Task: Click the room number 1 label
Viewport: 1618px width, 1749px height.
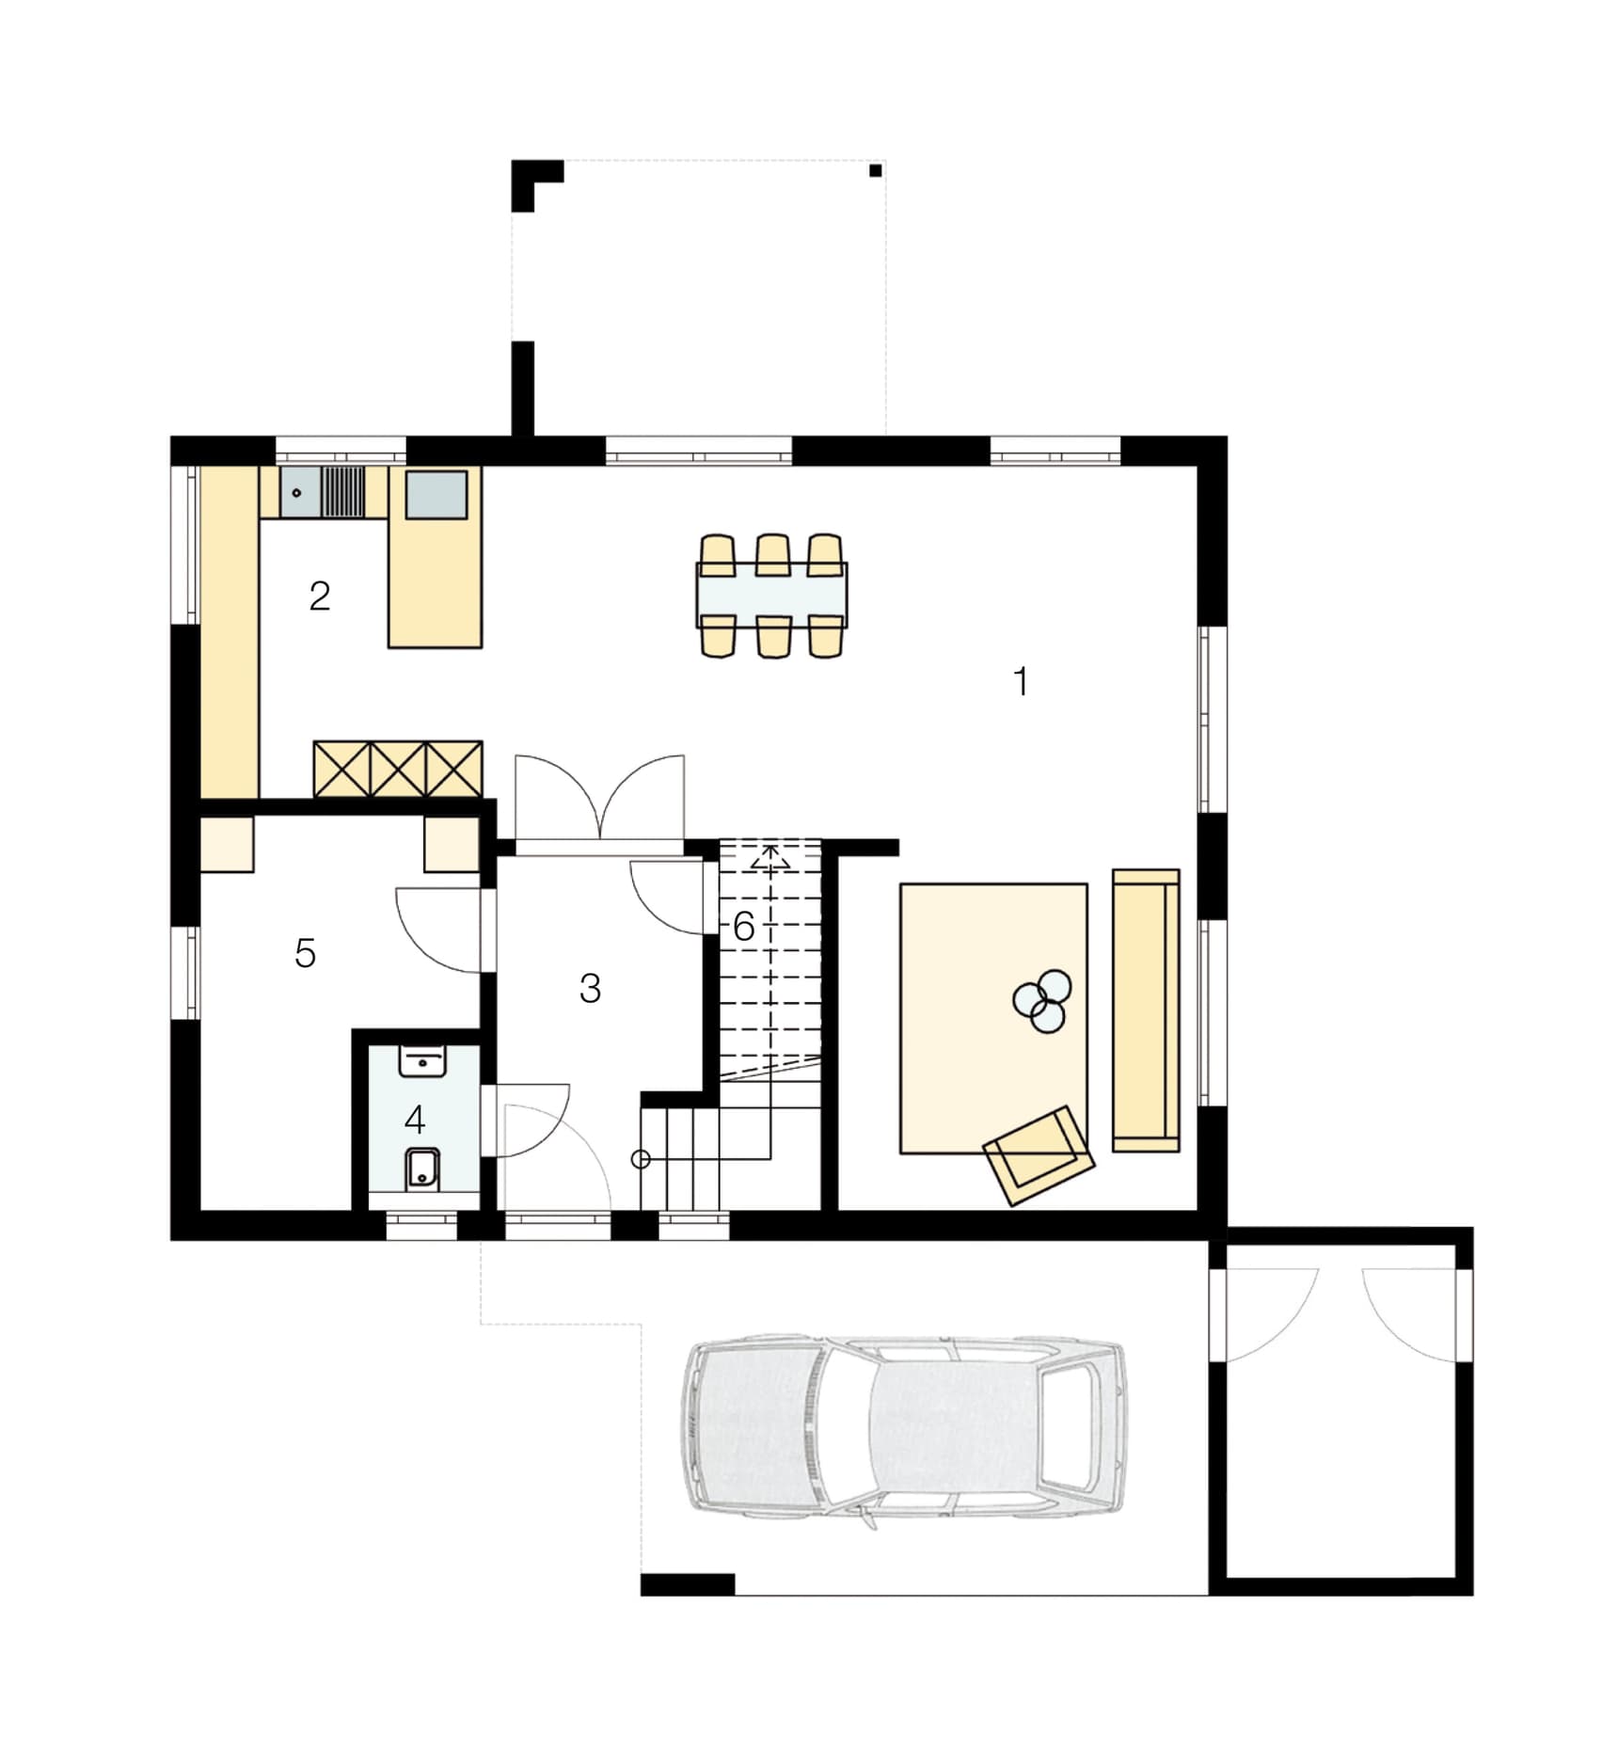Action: point(1021,680)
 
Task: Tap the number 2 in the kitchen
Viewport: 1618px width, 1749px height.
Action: point(320,596)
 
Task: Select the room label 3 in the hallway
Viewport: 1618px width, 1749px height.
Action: point(590,988)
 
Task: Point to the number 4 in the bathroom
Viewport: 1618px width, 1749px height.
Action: point(415,1120)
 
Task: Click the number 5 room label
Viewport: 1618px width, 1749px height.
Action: point(305,953)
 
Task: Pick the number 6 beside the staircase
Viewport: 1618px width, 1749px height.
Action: point(743,927)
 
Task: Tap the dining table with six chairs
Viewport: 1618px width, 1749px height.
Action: point(771,596)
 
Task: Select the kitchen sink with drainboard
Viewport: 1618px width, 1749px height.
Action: point(323,492)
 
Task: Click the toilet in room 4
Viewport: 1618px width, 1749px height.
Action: point(422,1169)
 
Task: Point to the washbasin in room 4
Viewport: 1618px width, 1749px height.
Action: point(422,1062)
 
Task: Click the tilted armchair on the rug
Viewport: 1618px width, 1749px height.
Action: point(1039,1155)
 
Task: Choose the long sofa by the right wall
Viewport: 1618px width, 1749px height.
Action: point(1146,1010)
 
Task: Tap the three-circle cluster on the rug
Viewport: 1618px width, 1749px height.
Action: point(1042,1001)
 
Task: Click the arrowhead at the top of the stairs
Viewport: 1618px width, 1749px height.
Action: point(769,857)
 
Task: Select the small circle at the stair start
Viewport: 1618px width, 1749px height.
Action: point(641,1159)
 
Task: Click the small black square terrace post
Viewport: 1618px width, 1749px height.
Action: point(876,170)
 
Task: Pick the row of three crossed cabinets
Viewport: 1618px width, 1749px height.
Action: point(398,770)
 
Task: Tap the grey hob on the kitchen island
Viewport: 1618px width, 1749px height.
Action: point(436,494)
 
